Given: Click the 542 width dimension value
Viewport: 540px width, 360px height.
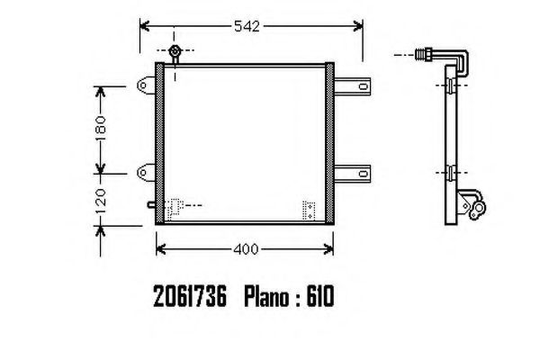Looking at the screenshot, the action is coord(247,26).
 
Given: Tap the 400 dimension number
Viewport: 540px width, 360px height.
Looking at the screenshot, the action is coord(246,249).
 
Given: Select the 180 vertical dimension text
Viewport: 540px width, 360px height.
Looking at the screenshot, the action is coord(100,129).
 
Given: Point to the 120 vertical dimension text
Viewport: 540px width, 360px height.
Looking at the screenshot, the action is coord(100,202).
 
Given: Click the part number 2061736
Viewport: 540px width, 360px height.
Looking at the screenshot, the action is coord(190,297).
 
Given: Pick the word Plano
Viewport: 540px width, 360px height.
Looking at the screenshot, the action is coord(267,297).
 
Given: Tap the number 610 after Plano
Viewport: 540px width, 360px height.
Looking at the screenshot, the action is coord(319,297).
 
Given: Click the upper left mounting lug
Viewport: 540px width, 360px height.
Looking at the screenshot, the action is coord(146,85).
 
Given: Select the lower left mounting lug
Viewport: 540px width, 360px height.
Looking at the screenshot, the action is coord(146,172).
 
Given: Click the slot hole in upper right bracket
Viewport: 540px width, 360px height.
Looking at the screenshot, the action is coord(363,85).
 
